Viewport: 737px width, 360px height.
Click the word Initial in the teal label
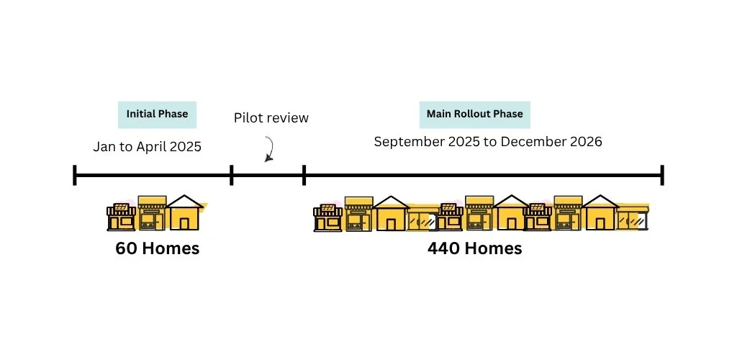tap(139, 114)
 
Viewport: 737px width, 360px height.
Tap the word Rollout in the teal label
tap(468, 114)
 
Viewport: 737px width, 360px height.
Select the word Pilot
tap(247, 117)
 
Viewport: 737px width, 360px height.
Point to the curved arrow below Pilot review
tap(271, 148)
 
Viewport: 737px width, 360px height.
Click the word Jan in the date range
tap(103, 147)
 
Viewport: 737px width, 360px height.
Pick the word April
tap(151, 147)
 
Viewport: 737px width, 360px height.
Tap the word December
tap(533, 141)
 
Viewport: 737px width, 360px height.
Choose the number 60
tap(126, 248)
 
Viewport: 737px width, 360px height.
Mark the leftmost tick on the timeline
tap(75, 175)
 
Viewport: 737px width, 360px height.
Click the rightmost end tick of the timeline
tap(662, 175)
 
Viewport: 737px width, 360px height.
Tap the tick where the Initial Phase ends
tap(231, 175)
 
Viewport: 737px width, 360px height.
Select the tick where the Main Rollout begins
tap(304, 175)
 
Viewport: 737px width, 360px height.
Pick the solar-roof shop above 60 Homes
tap(121, 217)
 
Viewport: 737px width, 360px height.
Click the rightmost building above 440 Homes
tap(633, 219)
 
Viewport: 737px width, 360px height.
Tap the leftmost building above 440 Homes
tap(328, 217)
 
